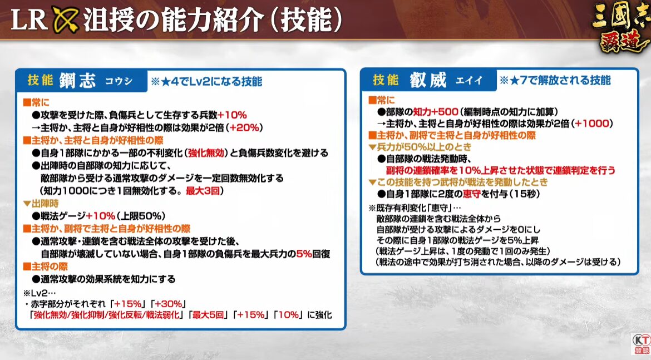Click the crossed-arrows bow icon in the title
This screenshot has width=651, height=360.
tap(66, 19)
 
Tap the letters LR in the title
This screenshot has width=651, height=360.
tap(28, 19)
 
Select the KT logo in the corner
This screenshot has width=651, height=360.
tap(641, 344)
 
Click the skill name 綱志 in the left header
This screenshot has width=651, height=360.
tap(78, 80)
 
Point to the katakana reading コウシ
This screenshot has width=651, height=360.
tap(119, 81)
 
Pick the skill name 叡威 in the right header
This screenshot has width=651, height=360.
tap(428, 80)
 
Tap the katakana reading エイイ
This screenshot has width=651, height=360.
tap(469, 81)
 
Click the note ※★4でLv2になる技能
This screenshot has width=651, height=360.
tap(206, 81)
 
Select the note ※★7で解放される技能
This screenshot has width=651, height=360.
tap(555, 80)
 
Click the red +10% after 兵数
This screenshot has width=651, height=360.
tap(232, 115)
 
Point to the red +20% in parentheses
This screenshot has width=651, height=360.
tap(244, 128)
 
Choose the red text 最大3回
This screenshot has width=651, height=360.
tap(202, 191)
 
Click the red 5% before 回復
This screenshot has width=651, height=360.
tap(304, 254)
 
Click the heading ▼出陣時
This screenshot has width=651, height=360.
tap(41, 204)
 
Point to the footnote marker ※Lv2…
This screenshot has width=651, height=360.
tap(40, 293)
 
